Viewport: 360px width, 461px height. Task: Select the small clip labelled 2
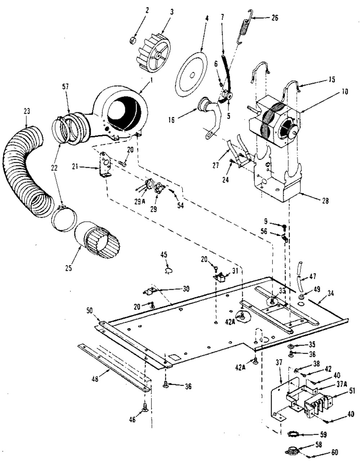click(x=133, y=40)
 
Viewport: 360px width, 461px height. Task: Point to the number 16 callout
click(x=171, y=120)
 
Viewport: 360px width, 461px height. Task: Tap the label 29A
click(x=140, y=202)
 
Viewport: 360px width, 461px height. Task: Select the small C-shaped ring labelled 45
click(x=169, y=271)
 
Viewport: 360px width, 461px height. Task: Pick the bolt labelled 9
click(x=284, y=228)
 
